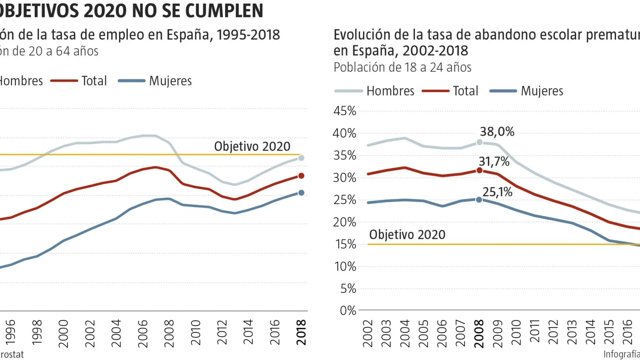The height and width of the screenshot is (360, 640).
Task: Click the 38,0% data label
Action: [497, 132]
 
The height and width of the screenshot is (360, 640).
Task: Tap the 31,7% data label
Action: [494, 162]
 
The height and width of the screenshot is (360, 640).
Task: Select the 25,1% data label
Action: [497, 192]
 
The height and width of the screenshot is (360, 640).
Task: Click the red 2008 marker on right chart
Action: [479, 170]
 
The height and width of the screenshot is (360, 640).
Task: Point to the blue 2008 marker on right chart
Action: [479, 200]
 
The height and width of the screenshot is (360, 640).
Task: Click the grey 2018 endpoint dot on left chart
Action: [301, 158]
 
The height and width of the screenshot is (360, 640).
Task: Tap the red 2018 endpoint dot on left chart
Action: [301, 176]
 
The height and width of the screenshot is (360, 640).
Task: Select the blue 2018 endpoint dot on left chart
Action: [301, 193]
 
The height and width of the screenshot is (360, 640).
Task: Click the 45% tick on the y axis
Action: [345, 111]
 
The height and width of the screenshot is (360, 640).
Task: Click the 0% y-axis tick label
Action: [348, 310]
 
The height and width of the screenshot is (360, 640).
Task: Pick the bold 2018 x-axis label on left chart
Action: [301, 332]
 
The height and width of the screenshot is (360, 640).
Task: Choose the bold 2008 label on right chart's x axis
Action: [479, 334]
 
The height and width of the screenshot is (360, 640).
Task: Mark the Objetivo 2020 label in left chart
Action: [252, 146]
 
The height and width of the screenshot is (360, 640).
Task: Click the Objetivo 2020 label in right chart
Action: [407, 234]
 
